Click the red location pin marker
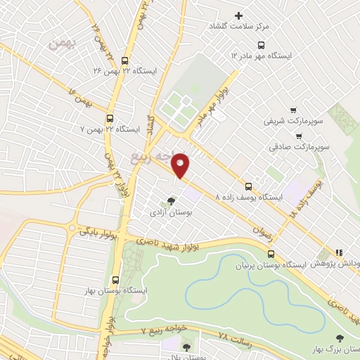tap(181, 165)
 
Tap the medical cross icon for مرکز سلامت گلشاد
tap(238, 15)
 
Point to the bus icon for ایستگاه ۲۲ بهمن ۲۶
tap(125, 60)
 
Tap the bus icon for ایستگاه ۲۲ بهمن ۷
tap(109, 118)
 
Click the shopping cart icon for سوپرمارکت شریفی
tap(294, 110)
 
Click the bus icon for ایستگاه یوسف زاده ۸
tap(248, 186)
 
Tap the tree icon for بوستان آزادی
tap(171, 200)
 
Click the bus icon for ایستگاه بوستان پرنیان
tap(271, 253)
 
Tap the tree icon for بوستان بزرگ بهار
tap(340, 338)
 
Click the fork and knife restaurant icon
tap(339, 252)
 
